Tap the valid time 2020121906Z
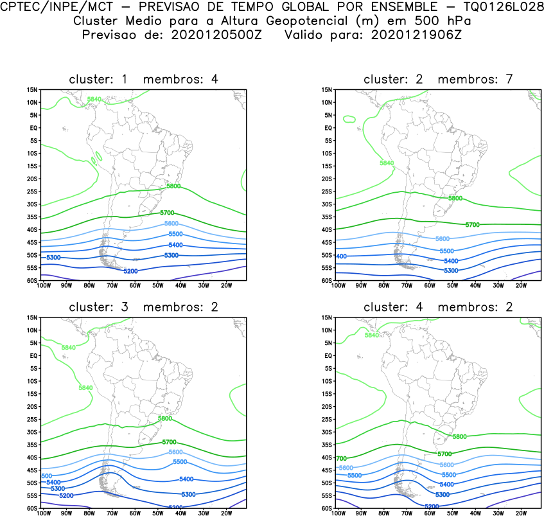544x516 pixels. pos(416,34)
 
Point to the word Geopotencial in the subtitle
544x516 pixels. pos(288,21)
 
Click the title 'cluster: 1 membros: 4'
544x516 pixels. pos(144,80)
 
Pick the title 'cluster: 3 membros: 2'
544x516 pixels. pos(144,307)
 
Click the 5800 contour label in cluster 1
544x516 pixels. pos(173,186)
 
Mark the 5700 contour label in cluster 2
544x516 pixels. pos(473,224)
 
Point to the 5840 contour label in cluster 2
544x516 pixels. pos(387,163)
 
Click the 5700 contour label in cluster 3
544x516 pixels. pos(169,442)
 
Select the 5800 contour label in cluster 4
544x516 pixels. pos(460,436)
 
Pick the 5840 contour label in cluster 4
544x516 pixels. pos(372,335)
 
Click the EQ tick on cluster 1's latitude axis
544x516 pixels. pos(33,128)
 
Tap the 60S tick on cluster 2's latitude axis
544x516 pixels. pos(327,281)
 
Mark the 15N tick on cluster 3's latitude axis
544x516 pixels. pos(33,317)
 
